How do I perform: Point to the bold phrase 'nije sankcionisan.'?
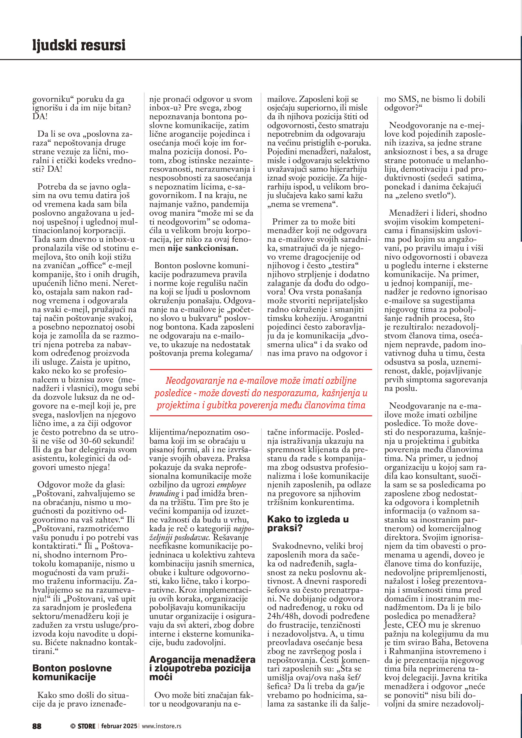click(x=203, y=248)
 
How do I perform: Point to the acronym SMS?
click(x=409, y=99)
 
